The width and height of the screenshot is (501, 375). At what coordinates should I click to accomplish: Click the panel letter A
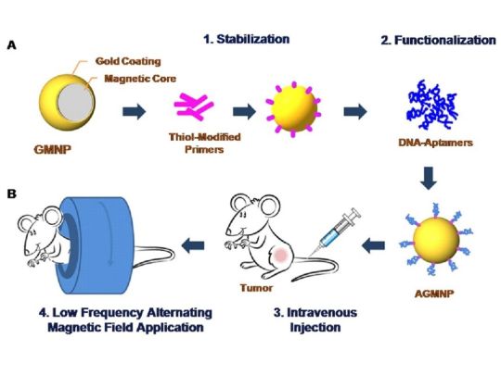[x=11, y=45]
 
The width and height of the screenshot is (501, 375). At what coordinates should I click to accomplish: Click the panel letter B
[x=11, y=194]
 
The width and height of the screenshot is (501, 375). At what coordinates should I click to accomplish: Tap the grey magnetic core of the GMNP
[x=75, y=103]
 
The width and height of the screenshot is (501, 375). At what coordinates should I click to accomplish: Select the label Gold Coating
[x=128, y=61]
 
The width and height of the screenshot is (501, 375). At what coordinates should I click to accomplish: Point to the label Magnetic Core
[x=140, y=79]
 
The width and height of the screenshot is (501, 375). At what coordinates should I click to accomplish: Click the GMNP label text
[x=52, y=149]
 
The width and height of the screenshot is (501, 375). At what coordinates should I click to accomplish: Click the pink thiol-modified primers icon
[x=194, y=106]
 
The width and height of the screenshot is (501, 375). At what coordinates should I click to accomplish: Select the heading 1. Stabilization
[x=247, y=39]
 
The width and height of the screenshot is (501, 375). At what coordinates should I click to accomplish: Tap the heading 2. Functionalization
[x=438, y=40]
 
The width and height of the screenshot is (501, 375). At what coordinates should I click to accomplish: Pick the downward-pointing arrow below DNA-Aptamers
[x=428, y=178]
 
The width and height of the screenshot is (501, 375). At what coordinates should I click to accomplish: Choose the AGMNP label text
[x=434, y=294]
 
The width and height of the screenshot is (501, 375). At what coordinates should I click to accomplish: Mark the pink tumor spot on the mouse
[x=281, y=256]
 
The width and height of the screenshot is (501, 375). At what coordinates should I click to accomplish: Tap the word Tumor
[x=257, y=288]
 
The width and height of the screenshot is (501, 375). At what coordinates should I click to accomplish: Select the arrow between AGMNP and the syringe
[x=374, y=245]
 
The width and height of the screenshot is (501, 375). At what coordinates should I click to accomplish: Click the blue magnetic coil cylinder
[x=96, y=244]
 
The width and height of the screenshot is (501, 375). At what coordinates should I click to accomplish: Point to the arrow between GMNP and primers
[x=135, y=111]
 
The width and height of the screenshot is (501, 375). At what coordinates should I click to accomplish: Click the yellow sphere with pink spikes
[x=293, y=109]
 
